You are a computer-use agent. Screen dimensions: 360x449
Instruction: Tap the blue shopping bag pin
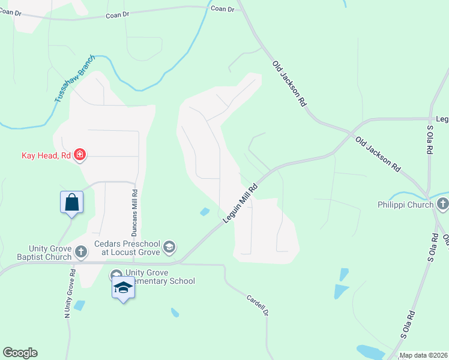click(x=71, y=202)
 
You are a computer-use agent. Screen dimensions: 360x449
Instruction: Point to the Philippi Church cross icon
click(x=443, y=205)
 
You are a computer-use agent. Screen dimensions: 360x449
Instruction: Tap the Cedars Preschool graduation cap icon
click(x=169, y=247)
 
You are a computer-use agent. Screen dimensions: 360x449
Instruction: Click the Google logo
click(x=20, y=353)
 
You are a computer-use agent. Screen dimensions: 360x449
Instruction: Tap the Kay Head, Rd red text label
click(x=47, y=156)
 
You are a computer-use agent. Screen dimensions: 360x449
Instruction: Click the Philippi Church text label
click(x=405, y=205)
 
